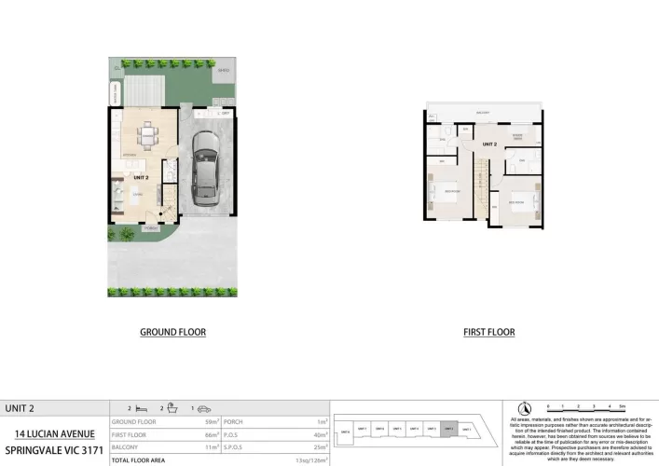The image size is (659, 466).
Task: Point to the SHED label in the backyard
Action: tap(223, 71)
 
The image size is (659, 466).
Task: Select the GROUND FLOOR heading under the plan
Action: tap(172, 332)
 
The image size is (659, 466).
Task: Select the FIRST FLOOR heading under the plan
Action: tap(488, 332)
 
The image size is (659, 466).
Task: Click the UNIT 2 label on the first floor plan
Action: tap(488, 143)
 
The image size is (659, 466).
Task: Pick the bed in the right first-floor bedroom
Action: tap(518, 200)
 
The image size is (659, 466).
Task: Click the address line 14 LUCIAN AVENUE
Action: tap(54, 433)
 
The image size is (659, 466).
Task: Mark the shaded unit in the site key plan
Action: tap(449, 430)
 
